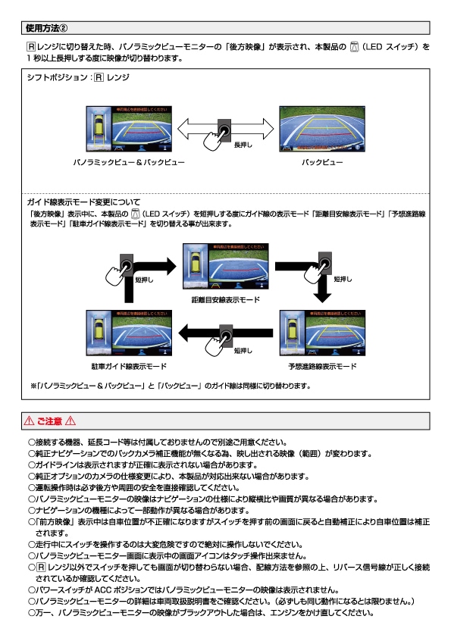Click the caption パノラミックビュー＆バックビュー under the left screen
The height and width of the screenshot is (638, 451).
[x=128, y=162]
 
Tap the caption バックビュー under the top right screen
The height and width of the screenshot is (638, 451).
[x=322, y=162]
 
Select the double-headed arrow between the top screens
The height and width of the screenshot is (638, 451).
[x=225, y=127]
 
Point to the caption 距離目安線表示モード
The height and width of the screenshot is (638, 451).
[x=225, y=301]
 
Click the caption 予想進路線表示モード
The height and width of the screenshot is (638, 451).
[x=322, y=367]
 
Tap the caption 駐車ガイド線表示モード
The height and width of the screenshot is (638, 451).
[x=129, y=367]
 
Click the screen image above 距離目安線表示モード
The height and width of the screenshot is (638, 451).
[x=225, y=267]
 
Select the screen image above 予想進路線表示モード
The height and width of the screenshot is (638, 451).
[x=322, y=333]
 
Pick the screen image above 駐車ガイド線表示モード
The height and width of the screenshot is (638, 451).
[x=129, y=333]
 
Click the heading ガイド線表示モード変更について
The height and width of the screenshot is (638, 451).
[x=83, y=202]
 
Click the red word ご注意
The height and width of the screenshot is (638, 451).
[x=50, y=421]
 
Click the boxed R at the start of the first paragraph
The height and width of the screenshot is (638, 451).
[x=31, y=47]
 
